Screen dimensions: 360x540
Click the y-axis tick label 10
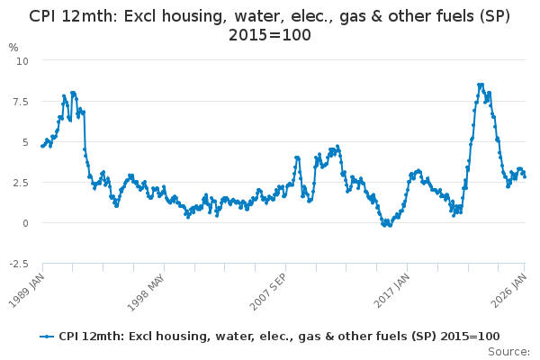(23, 60)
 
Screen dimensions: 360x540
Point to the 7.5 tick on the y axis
(21, 101)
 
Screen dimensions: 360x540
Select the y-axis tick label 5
(26, 141)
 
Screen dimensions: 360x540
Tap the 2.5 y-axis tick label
(21, 182)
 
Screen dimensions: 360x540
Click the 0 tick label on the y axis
(26, 222)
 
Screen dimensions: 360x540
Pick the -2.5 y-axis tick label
(19, 263)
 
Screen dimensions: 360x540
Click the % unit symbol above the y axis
(13, 47)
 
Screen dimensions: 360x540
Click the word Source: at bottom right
(509, 351)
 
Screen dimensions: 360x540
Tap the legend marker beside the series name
(48, 336)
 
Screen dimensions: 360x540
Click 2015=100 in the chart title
(270, 35)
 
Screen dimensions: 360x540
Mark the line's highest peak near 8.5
(481, 85)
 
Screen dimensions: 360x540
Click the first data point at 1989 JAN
(42, 146)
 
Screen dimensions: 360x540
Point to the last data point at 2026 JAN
(525, 176)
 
